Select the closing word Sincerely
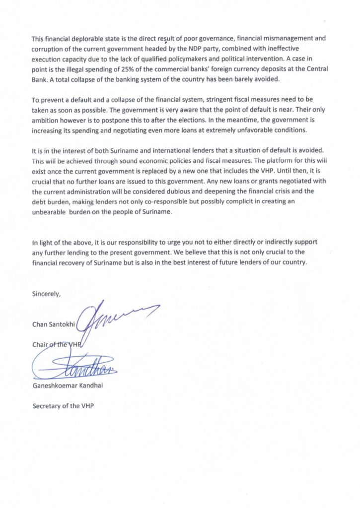pos(46,293)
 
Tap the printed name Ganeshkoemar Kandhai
pos(69,385)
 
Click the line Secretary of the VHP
pos(63,405)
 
